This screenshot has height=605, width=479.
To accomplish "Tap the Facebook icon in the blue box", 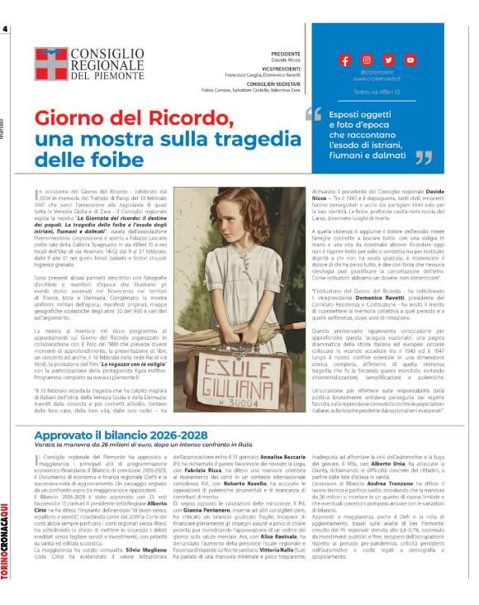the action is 345,60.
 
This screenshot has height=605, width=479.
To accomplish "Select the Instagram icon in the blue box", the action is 367,60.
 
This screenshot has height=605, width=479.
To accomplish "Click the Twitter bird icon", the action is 388,60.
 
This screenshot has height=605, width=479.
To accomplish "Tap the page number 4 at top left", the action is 5,30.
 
